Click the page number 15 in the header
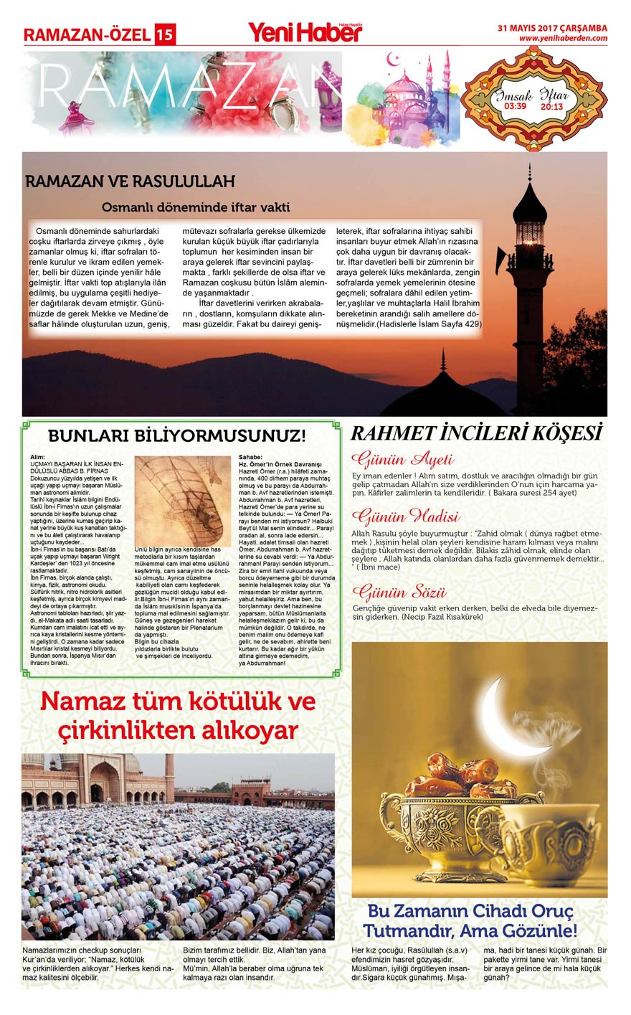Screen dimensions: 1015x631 pyautogui.click(x=165, y=34)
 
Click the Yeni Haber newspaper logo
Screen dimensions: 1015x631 pyautogui.click(x=305, y=32)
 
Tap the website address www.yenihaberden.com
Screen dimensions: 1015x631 pyautogui.click(x=563, y=39)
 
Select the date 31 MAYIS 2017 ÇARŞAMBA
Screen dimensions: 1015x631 pyautogui.click(x=553, y=29)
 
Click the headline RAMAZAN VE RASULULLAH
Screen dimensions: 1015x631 pyautogui.click(x=130, y=182)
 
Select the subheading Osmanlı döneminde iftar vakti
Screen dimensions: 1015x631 pyautogui.click(x=196, y=207)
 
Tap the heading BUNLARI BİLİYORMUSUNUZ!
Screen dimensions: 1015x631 pyautogui.click(x=176, y=435)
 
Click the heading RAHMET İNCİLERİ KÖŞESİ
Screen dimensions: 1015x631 pyautogui.click(x=475, y=433)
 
